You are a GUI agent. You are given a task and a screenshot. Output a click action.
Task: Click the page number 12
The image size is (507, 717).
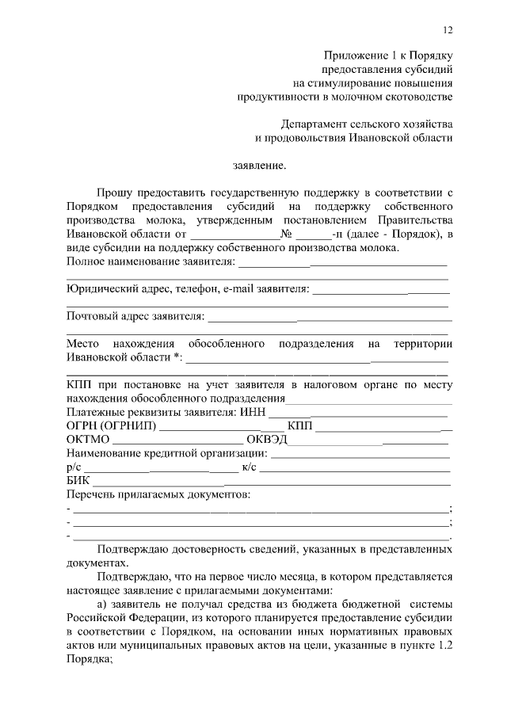[447, 30]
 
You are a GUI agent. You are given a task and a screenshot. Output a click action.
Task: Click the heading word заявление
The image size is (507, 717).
[258, 166]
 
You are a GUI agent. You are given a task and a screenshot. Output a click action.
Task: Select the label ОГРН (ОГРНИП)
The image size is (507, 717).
[112, 427]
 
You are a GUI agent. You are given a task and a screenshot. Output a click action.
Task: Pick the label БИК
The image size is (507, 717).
[78, 481]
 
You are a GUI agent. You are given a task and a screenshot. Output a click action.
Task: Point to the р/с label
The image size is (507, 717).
[74, 467]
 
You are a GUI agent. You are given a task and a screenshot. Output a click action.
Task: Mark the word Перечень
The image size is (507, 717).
[92, 495]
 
